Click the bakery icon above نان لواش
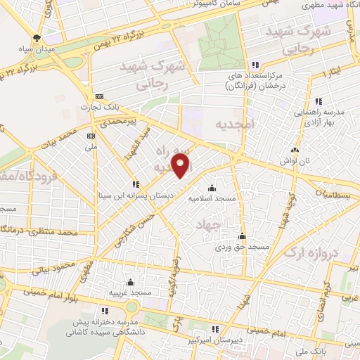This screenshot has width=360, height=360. pos(295,149)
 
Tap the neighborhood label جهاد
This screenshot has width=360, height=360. pos(228,225)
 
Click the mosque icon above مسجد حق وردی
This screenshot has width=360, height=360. pos(242,236)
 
